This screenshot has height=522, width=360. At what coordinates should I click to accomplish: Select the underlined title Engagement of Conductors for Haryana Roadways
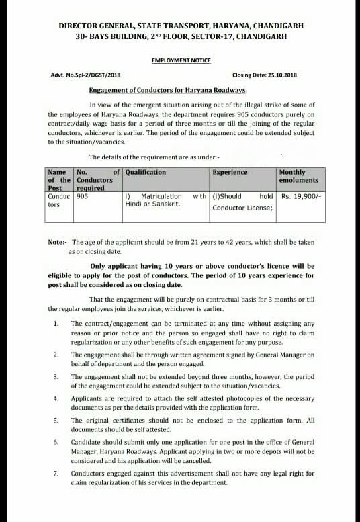tap(168, 89)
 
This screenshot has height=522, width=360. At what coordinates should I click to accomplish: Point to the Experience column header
tap(230, 172)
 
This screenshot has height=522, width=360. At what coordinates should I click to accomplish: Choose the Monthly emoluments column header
tap(294, 177)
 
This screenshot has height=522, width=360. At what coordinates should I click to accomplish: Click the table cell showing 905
tap(83, 196)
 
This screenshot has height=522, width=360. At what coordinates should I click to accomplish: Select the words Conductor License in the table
tap(242, 208)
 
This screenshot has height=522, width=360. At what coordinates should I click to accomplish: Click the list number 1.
tap(55, 324)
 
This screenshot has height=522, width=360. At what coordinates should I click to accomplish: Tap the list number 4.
tap(55, 399)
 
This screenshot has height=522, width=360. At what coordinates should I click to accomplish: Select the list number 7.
tap(55, 474)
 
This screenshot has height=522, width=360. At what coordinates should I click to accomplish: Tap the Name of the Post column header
tap(59, 181)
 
